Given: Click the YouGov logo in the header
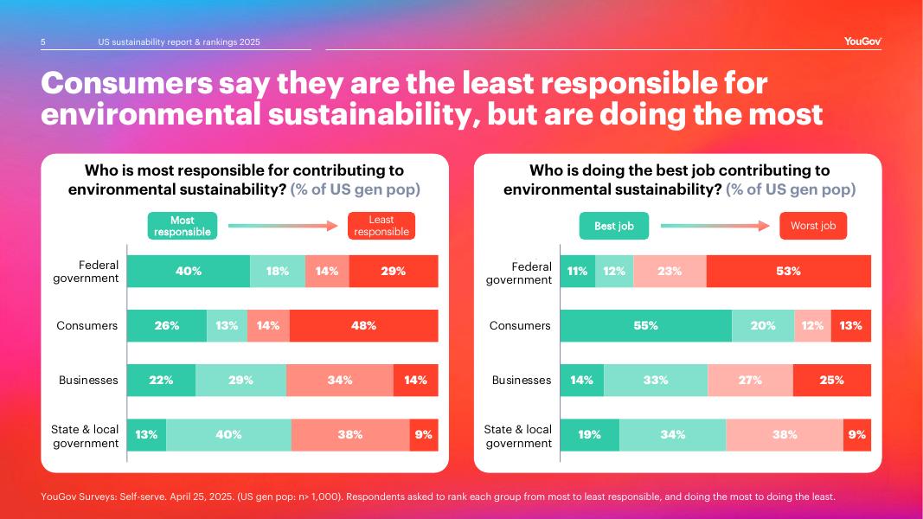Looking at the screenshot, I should click(x=862, y=42).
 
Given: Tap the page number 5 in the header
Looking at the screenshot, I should click(x=43, y=42).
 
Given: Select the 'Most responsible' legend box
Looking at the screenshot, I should click(x=182, y=227).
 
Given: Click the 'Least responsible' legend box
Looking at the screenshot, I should click(x=381, y=227).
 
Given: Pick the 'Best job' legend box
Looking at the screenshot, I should click(x=614, y=227).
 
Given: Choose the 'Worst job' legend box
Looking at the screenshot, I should click(x=813, y=227).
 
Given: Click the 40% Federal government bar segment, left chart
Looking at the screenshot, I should click(x=189, y=271).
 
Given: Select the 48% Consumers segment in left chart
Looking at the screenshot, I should click(x=363, y=325).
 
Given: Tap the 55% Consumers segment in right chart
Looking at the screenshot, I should click(x=645, y=325).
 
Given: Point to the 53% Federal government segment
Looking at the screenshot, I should click(x=788, y=271).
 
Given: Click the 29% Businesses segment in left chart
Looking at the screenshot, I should click(x=240, y=380).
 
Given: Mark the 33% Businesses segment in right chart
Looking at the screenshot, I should click(x=655, y=380).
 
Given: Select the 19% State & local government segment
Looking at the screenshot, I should click(x=589, y=434).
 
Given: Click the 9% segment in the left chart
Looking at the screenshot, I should click(x=423, y=434).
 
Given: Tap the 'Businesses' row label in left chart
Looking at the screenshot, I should click(x=88, y=380).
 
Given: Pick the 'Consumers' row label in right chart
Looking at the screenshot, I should click(x=520, y=325).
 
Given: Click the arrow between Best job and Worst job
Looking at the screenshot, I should click(x=715, y=227).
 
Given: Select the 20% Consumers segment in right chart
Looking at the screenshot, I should click(x=763, y=325).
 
